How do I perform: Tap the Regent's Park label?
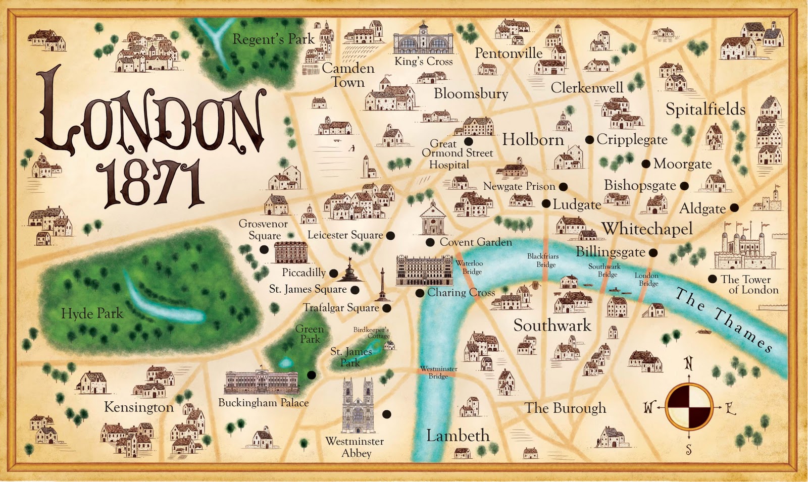273,39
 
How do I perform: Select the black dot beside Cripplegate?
589,140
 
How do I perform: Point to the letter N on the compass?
688,363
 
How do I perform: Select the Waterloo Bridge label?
470,267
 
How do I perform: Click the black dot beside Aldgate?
734,207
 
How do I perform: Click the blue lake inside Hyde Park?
162,303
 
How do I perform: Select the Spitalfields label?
705,110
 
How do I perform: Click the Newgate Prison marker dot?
563,187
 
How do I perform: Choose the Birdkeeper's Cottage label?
371,332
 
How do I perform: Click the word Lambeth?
458,436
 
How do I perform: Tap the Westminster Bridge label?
438,372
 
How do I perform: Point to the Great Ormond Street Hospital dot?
469,142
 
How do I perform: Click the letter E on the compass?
730,408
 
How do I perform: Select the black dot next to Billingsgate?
653,252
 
